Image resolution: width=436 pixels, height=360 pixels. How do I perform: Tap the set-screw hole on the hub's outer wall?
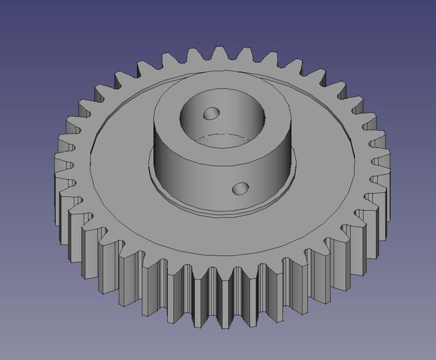pos(239,188)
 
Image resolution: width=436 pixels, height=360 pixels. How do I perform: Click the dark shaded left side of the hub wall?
pos(163,158)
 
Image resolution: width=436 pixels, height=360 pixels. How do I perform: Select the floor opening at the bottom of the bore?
pos(223,141)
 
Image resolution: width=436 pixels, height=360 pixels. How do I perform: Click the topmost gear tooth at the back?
pos(221,53)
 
